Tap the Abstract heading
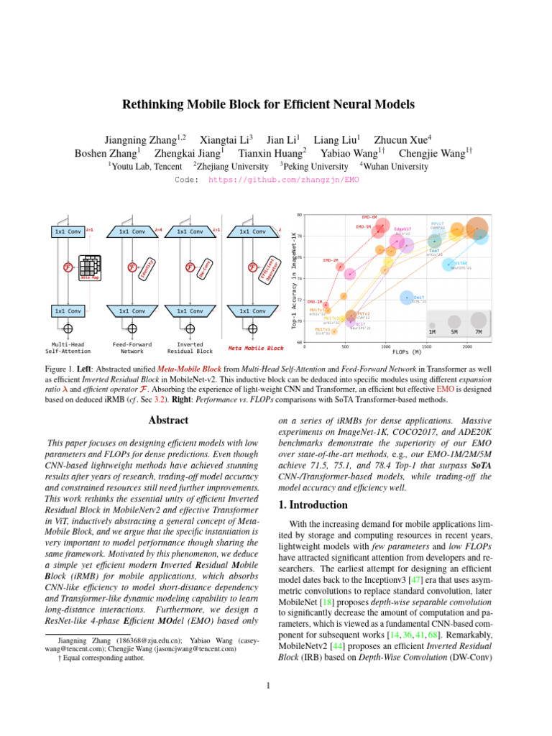click(x=167, y=420)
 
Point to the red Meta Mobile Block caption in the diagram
click(x=255, y=348)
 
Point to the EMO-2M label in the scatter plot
click(x=331, y=259)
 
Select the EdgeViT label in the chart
click(x=402, y=229)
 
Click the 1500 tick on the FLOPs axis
click(x=427, y=346)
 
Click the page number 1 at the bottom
click(x=267, y=685)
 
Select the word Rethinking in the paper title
click(x=156, y=104)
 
